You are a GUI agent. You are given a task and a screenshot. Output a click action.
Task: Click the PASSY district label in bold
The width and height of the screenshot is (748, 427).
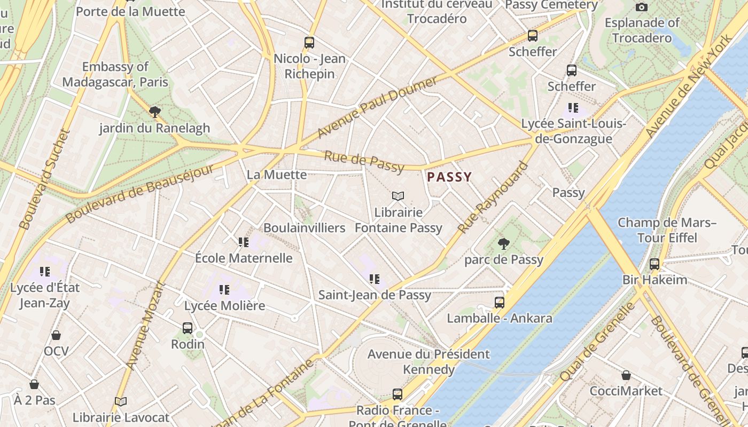pyautogui.click(x=449, y=177)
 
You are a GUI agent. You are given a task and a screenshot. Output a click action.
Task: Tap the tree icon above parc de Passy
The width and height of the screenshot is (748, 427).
pyautogui.click(x=503, y=244)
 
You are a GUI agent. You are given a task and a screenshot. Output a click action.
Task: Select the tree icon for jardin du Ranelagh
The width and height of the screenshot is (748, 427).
pyautogui.click(x=155, y=112)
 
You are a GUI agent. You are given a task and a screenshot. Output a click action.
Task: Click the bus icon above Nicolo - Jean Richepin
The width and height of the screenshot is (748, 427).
pyautogui.click(x=309, y=43)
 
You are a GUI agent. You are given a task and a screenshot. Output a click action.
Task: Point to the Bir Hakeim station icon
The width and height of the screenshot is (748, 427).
pyautogui.click(x=654, y=264)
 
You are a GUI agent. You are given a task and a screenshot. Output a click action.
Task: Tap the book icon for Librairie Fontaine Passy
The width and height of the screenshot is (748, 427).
pyautogui.click(x=398, y=196)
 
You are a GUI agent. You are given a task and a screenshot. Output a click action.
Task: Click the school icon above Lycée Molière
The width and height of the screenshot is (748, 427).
pyautogui.click(x=224, y=290)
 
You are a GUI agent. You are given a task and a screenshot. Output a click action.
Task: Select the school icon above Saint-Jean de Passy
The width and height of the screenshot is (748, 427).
pyautogui.click(x=375, y=279)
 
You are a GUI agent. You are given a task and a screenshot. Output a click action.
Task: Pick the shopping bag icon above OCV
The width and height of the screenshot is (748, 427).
pyautogui.click(x=56, y=335)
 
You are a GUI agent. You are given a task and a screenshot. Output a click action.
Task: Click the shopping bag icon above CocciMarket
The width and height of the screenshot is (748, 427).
pyautogui.click(x=626, y=375)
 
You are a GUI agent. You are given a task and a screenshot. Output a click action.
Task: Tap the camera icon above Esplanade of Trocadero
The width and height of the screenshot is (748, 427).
pyautogui.click(x=642, y=7)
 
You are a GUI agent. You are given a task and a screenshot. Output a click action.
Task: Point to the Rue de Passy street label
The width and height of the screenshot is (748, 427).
pyautogui.click(x=364, y=162)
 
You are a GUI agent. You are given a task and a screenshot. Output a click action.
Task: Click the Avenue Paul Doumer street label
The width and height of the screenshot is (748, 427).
pyautogui.click(x=377, y=107)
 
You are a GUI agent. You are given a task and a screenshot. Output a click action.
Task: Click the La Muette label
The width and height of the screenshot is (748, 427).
pyautogui.click(x=277, y=175)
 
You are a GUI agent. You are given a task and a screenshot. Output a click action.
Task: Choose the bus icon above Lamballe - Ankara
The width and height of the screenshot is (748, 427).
pyautogui.click(x=499, y=303)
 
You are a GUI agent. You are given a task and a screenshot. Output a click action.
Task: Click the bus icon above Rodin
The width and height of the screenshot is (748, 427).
pyautogui.click(x=187, y=328)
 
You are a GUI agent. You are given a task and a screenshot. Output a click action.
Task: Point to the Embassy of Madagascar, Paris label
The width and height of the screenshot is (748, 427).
pyautogui.click(x=115, y=75)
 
